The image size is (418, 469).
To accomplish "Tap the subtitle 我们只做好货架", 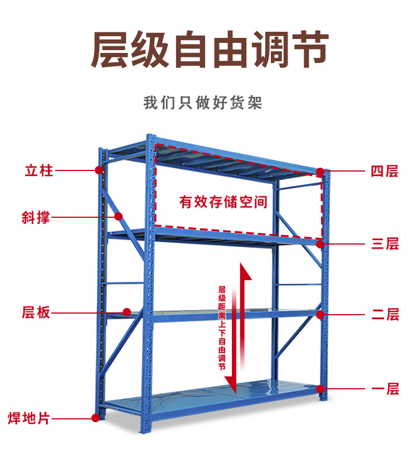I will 202,103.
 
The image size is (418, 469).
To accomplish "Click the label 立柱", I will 38,170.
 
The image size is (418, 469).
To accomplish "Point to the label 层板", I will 36,312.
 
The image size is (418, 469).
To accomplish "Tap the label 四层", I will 385,171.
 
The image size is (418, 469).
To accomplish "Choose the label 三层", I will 385,243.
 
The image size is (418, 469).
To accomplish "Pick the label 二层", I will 385,315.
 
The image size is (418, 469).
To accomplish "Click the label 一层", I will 385,388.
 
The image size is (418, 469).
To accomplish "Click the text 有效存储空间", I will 223,202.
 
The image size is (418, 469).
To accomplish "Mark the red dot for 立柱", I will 98,169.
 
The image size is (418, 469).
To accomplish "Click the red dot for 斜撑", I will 118,216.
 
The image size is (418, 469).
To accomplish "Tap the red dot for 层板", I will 127,312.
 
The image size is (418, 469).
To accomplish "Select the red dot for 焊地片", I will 95,417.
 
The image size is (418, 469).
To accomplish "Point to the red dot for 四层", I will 320,171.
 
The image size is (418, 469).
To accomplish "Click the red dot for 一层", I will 320,388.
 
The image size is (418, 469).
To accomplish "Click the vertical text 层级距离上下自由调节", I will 222,329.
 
